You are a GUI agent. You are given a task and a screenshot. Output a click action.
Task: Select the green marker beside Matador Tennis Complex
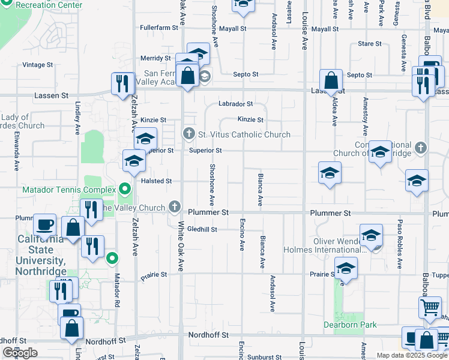125,190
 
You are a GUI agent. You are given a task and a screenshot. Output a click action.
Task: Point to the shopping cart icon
430,308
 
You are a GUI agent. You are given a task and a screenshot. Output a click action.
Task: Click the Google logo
20,353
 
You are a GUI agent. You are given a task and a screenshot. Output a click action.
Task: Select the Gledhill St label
202,229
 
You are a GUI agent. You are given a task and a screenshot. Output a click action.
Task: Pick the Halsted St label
156,181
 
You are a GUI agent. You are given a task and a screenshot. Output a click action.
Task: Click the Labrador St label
235,104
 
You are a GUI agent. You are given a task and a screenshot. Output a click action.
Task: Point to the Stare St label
369,44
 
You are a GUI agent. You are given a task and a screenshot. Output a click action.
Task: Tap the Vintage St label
38,65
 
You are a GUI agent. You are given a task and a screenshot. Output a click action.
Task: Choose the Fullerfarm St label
159,28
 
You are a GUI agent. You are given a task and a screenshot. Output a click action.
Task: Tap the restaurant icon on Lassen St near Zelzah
122,84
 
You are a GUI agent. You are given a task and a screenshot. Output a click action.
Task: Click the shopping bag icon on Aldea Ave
331,80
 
